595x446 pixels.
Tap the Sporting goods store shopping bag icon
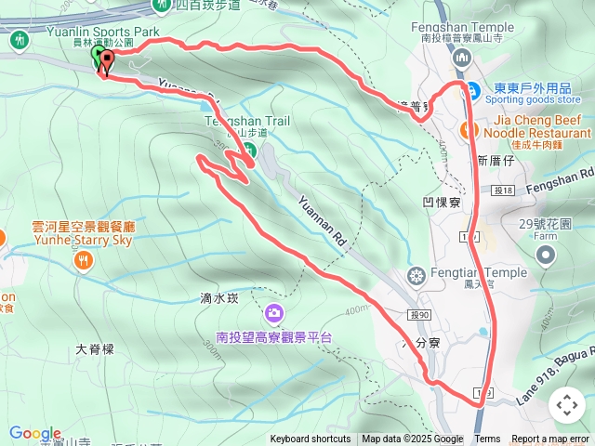[x=472, y=93]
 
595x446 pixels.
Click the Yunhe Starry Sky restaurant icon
[x=84, y=261]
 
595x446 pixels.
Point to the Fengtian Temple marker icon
[x=416, y=275]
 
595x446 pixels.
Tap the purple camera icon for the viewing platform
[x=273, y=312]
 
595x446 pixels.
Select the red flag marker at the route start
[x=105, y=62]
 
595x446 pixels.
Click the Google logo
[x=34, y=433]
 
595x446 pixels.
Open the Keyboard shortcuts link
[x=311, y=439]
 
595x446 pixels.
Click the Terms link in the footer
[x=487, y=439]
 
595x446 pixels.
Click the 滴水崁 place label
[x=219, y=299]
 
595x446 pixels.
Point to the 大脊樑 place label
[x=94, y=349]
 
